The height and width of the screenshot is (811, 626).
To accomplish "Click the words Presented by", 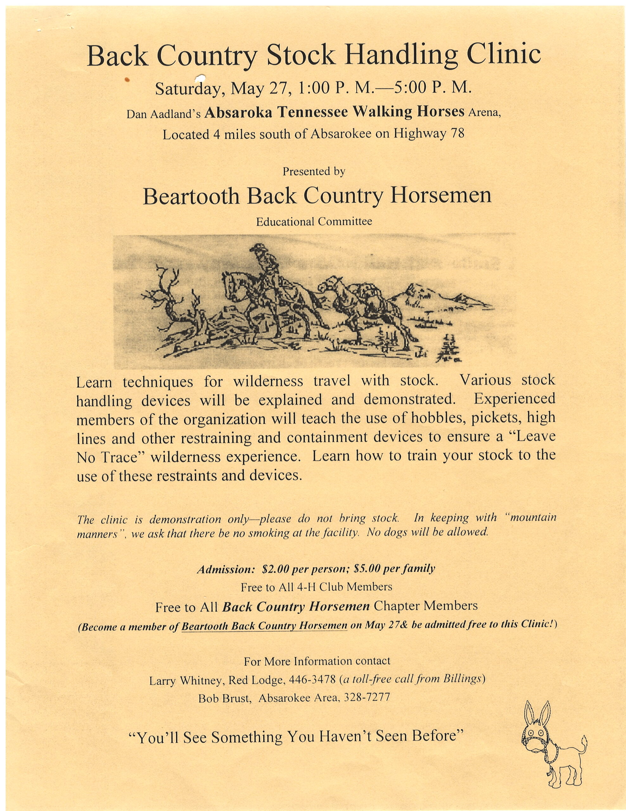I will pyautogui.click(x=314, y=172).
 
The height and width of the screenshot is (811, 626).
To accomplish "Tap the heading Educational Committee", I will pyautogui.click(x=314, y=222).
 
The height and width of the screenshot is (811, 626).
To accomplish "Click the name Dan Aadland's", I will pyautogui.click(x=163, y=114).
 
